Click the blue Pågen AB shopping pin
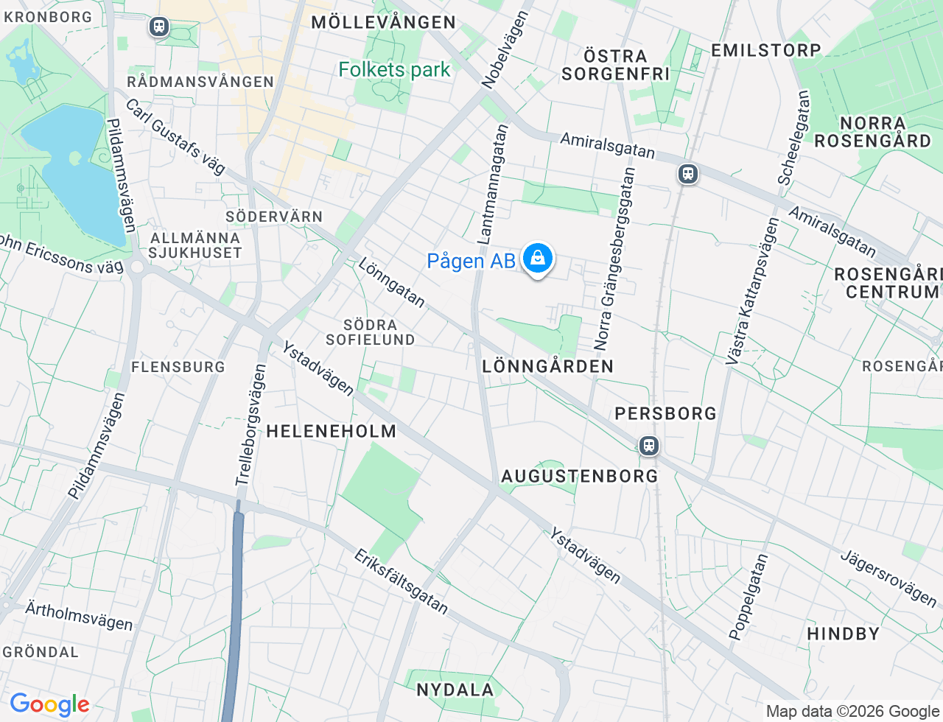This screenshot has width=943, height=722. tap(538, 259)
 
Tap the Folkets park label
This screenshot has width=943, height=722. tap(394, 70)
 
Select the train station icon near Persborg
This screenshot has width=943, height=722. tap(648, 446)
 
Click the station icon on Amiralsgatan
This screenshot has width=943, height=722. tap(687, 175)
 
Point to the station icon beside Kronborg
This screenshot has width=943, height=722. tap(158, 27)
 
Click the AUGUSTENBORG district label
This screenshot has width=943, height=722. tap(580, 477)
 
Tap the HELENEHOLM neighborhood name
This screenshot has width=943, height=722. tap(331, 432)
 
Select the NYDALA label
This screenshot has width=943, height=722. tap(455, 690)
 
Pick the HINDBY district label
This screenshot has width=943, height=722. tap(843, 634)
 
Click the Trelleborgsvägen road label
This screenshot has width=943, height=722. tap(250, 426)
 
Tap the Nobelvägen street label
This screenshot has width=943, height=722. tap(505, 50)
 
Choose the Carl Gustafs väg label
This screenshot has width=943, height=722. tap(175, 137)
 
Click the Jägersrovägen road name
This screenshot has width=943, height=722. tap(888, 578)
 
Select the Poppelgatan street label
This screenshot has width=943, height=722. tap(749, 597)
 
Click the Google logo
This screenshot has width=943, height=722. tap(49, 705)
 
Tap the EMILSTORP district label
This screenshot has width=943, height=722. tap(765, 51)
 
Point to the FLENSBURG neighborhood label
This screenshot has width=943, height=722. tap(178, 367)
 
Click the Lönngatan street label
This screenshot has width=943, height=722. tap(392, 282)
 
